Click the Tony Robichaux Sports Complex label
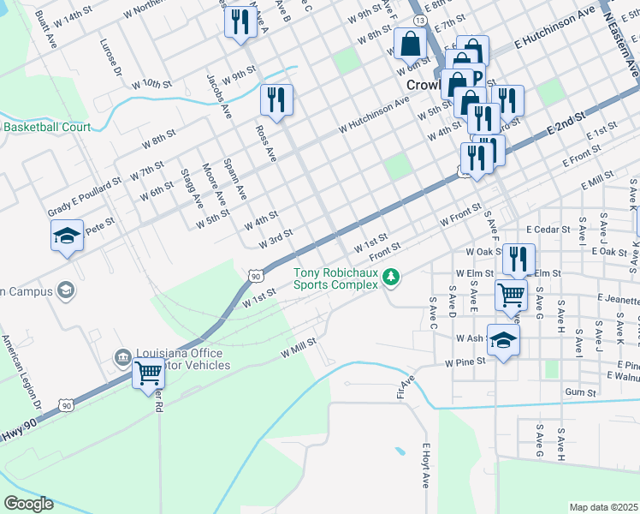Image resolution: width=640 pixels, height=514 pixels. tap(335, 279)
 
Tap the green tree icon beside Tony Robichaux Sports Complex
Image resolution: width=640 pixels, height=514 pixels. tap(391, 276)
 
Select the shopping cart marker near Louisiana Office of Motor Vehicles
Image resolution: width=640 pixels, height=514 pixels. tap(149, 374)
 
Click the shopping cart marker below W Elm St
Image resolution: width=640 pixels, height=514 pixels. tap(511, 295)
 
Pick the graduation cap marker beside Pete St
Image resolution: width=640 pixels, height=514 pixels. tap(66, 236)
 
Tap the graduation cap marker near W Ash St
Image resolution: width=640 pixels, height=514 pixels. tap(503, 339)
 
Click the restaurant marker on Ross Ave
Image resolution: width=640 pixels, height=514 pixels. tap(277, 99)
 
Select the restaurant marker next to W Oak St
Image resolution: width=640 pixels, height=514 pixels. tap(519, 259)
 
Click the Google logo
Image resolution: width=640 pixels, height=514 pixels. tap(28, 503)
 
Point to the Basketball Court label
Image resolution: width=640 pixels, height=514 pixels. tap(47, 127)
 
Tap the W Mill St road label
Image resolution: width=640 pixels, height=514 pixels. tap(299, 346)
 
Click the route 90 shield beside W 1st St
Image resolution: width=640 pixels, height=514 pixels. tap(257, 275)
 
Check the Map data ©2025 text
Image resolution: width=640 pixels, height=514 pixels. tap(604, 506)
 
